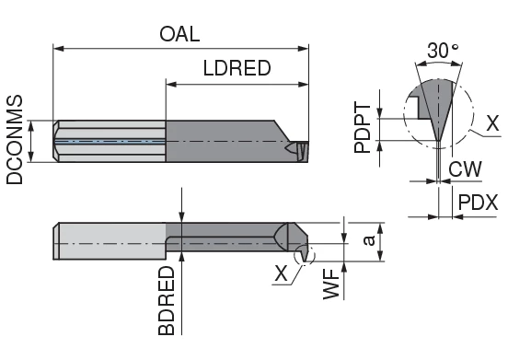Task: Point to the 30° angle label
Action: pos(440,52)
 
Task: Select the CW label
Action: pos(463,168)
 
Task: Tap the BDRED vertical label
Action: pos(167,302)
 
